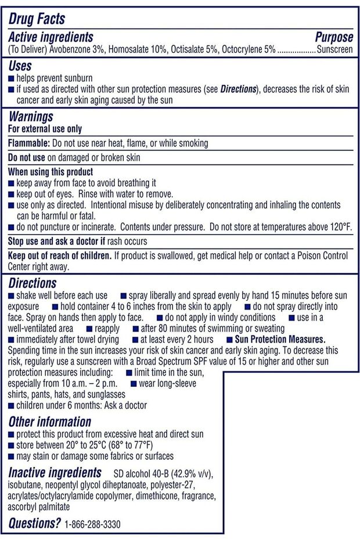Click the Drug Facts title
coord(37,19)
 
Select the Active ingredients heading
coord(51,38)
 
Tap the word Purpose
coord(334,38)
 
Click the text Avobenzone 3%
coord(73,49)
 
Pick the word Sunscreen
coord(334,49)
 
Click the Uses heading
coord(20,66)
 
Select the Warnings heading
coord(31,117)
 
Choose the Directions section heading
coord(33,283)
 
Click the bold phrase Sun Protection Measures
coord(276,339)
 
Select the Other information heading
coord(50,422)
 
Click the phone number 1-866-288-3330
coord(93,524)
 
